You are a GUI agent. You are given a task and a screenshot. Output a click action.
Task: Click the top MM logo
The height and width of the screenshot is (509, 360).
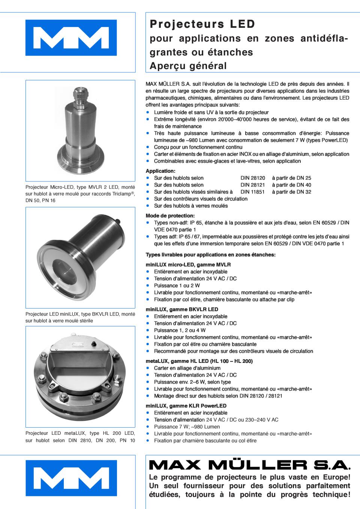(x=71, y=38)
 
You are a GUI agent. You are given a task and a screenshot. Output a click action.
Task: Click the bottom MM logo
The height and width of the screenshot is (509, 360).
(x=71, y=478)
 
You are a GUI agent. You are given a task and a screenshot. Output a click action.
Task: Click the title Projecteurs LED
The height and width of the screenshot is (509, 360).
(x=202, y=24)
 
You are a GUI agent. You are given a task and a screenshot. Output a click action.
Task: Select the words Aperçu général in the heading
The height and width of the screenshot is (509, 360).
(x=188, y=66)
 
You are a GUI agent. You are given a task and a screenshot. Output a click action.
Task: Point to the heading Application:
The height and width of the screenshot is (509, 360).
(x=160, y=171)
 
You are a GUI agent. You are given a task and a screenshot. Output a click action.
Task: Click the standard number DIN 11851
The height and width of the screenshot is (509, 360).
(x=252, y=192)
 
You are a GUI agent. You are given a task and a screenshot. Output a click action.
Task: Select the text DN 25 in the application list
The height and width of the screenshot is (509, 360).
(x=304, y=178)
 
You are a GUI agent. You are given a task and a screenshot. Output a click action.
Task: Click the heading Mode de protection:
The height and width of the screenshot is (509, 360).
(x=170, y=216)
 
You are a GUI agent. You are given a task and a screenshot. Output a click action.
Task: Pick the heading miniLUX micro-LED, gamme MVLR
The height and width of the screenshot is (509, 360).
(x=188, y=265)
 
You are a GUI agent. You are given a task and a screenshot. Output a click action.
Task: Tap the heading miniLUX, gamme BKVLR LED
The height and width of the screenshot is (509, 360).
(x=182, y=310)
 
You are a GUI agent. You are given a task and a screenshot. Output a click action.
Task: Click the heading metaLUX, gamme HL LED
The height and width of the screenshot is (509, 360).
(x=199, y=361)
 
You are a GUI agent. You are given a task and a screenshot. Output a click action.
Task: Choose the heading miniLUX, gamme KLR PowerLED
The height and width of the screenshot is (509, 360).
(x=186, y=406)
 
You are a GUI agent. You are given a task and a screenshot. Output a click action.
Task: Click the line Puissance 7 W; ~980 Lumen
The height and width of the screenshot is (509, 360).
(x=187, y=427)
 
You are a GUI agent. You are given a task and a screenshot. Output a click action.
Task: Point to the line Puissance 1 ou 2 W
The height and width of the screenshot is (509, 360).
(x=177, y=286)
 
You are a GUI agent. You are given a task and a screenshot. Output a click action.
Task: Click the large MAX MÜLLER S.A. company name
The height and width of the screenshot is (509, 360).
(x=250, y=465)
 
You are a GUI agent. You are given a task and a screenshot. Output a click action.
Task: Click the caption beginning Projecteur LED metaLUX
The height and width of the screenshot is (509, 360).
(x=80, y=437)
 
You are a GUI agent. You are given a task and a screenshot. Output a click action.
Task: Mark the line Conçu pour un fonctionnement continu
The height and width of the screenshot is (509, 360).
(x=198, y=147)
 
